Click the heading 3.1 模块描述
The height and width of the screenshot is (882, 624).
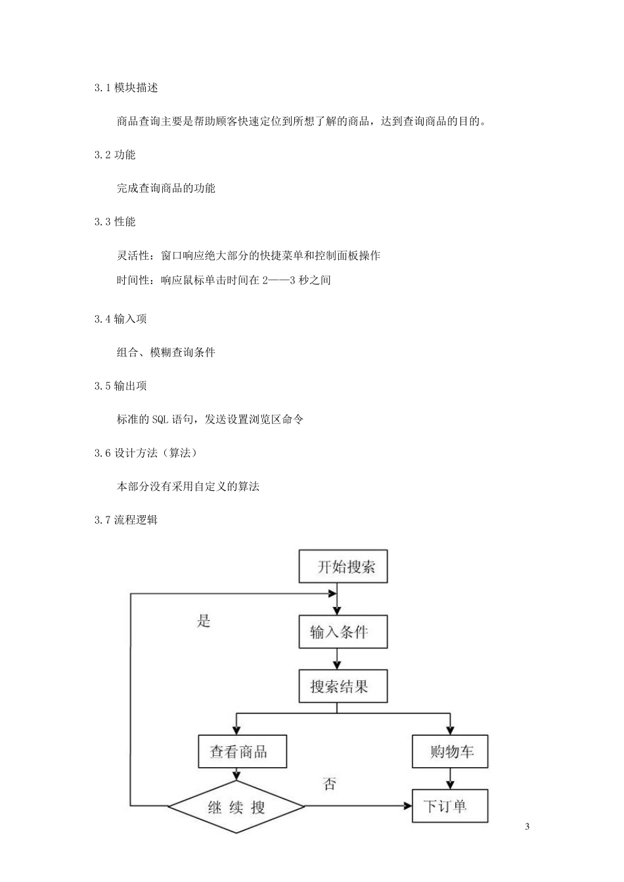click(126, 88)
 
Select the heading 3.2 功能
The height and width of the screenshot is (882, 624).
click(115, 155)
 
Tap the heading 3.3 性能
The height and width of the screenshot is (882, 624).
click(115, 222)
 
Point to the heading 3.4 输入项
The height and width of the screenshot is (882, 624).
click(120, 319)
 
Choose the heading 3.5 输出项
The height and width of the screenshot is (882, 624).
click(120, 386)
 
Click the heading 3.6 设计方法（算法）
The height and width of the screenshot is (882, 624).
click(146, 453)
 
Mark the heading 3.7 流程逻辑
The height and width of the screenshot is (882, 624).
click(126, 520)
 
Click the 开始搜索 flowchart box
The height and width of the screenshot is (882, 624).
click(343, 566)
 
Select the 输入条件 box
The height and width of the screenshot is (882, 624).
click(343, 632)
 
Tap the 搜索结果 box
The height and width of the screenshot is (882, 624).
click(343, 686)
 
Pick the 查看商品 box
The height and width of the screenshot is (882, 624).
click(242, 751)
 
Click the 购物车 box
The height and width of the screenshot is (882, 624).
click(451, 751)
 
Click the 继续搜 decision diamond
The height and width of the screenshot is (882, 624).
click(236, 807)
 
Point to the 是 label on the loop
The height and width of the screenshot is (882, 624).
click(204, 621)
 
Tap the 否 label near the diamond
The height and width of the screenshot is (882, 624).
click(330, 784)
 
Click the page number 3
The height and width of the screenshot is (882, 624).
click(527, 826)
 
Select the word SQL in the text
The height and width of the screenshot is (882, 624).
click(160, 419)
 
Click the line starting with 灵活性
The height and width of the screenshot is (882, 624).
click(248, 255)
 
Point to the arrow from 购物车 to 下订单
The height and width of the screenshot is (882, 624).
click(451, 779)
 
